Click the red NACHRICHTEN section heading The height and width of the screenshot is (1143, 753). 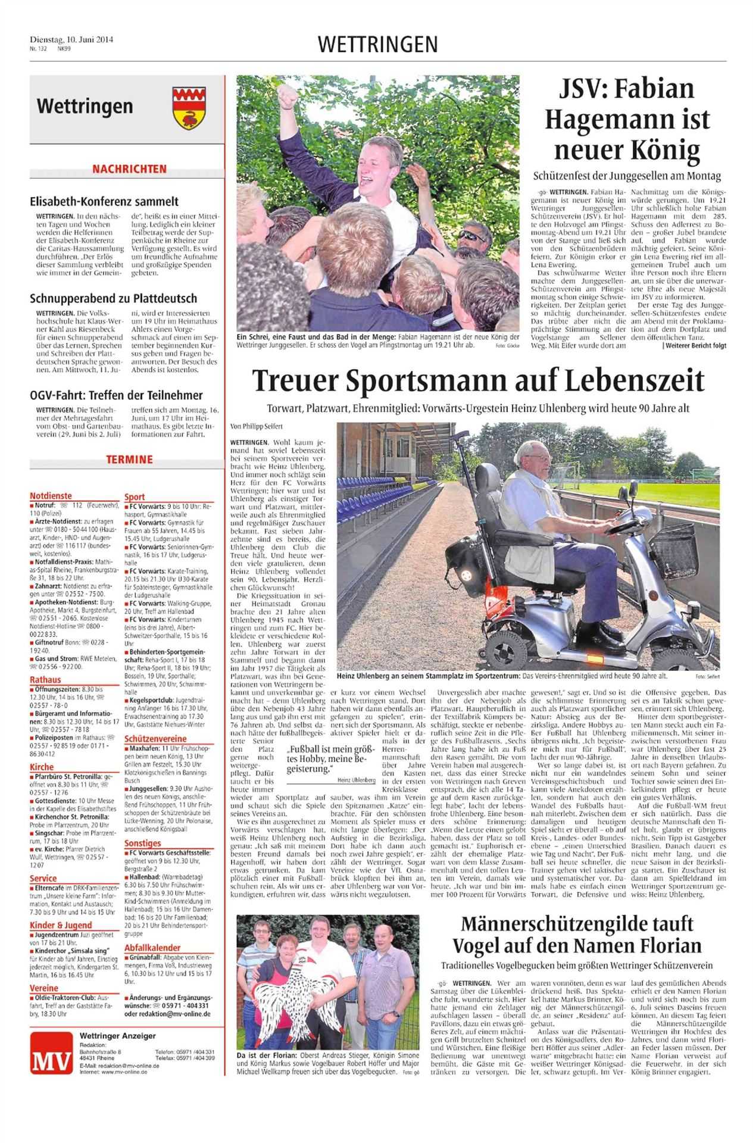click(x=129, y=169)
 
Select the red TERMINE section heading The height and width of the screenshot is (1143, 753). click(x=129, y=459)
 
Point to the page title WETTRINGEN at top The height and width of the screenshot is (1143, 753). click(x=378, y=44)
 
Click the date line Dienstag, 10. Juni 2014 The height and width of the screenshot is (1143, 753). click(x=71, y=40)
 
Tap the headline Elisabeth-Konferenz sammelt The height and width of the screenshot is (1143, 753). click(x=104, y=202)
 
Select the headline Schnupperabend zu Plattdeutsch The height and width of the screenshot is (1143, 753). click(x=113, y=298)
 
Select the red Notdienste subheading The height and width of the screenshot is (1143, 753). click(x=51, y=495)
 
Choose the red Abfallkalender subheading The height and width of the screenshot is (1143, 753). click(x=152, y=948)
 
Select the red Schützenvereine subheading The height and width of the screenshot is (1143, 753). click(x=156, y=738)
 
